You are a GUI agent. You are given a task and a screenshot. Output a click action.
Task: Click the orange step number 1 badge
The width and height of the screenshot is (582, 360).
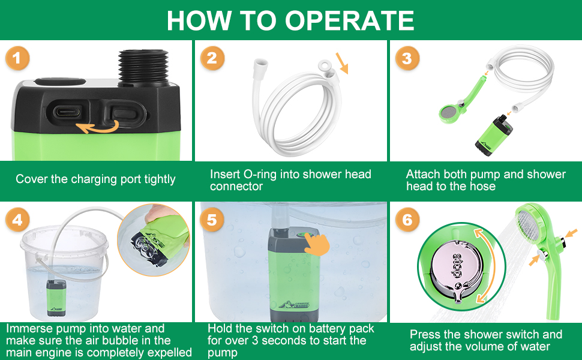pos(17,58)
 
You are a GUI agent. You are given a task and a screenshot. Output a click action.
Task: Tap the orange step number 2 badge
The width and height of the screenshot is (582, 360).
pos(212,58)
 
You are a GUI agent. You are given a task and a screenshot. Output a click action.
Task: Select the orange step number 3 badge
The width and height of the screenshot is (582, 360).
pos(407,58)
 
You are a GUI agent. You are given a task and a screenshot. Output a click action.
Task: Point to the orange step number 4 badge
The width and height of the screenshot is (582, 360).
pos(17,220)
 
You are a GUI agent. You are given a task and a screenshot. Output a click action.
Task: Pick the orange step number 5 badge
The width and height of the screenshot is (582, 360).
pos(212,220)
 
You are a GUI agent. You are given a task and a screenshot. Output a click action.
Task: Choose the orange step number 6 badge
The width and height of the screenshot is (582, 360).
pos(407,220)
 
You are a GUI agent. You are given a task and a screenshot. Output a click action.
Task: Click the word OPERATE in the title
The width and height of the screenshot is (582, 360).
pos(349,20)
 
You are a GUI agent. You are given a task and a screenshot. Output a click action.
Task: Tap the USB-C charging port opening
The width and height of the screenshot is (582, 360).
pos(67,111)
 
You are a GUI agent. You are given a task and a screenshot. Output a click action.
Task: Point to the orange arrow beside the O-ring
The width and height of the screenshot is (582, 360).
pos(342,63)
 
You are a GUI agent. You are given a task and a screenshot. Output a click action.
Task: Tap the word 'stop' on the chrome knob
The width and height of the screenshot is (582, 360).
pos(456,266)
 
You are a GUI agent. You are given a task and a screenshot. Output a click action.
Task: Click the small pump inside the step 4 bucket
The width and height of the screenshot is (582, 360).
pos(56,298)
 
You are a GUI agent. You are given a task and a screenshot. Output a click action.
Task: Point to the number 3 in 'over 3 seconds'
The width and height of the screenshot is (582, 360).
pos(254,340)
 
